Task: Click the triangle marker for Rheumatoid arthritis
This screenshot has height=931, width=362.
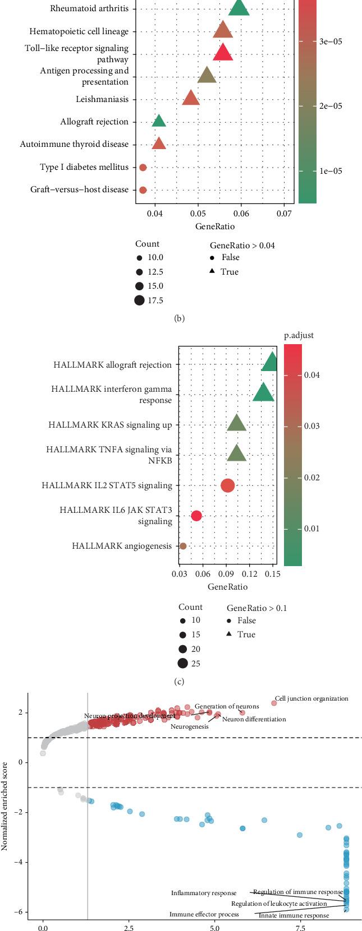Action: click(x=239, y=8)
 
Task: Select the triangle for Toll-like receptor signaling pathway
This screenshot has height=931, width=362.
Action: click(x=223, y=52)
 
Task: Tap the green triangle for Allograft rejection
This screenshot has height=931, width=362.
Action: click(x=159, y=121)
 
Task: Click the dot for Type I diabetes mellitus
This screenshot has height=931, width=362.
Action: click(x=143, y=167)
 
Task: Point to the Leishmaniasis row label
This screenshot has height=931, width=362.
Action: click(x=102, y=99)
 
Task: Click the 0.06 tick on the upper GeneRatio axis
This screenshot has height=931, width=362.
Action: click(x=241, y=214)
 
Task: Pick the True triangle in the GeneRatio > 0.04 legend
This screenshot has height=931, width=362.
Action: click(x=213, y=272)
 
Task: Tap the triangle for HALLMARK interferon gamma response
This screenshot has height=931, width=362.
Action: click(x=263, y=392)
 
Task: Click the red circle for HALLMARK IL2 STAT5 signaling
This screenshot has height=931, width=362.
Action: click(x=227, y=485)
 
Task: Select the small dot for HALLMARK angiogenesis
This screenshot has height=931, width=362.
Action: click(x=182, y=546)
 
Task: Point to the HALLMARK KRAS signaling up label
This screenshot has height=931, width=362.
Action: click(x=110, y=425)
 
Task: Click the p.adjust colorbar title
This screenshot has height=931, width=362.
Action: click(x=299, y=335)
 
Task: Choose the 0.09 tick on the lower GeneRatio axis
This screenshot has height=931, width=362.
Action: click(x=227, y=574)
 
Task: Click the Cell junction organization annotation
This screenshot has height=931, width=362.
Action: click(x=311, y=698)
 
